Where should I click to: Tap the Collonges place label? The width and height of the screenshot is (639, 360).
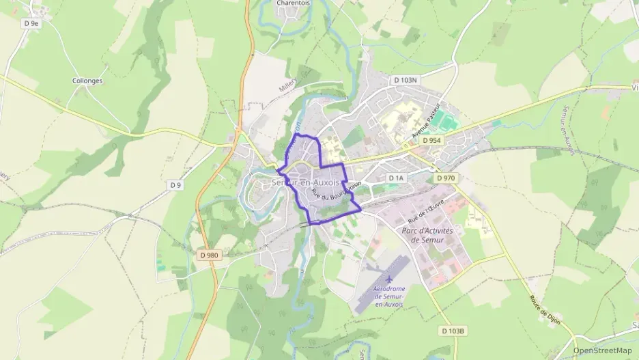point(87,81)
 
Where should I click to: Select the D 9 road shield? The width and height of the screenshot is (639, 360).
point(175,185)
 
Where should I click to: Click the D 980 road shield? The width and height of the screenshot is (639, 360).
point(210,255)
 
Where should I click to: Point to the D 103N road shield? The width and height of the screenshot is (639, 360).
point(405,80)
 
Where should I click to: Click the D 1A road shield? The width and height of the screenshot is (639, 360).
point(397,178)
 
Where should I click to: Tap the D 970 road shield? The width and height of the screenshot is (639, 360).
point(444,178)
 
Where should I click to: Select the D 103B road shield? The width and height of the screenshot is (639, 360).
point(453,331)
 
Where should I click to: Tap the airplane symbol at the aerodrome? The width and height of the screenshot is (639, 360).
point(389,279)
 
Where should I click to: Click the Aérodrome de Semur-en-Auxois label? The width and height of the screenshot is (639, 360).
point(389,296)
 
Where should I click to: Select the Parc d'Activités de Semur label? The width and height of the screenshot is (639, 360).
point(428,235)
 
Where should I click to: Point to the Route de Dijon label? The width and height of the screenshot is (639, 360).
point(544,309)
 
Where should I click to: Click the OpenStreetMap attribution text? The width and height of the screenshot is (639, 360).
point(602,350)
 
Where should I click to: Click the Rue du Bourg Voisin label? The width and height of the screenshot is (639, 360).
point(335,189)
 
